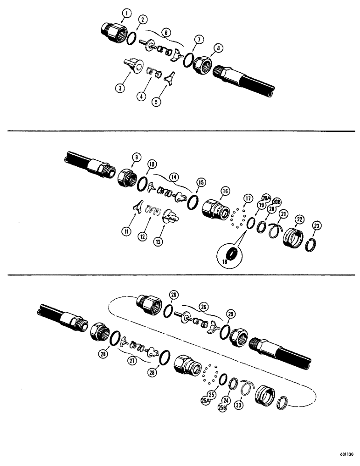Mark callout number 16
225,192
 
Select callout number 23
317,226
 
